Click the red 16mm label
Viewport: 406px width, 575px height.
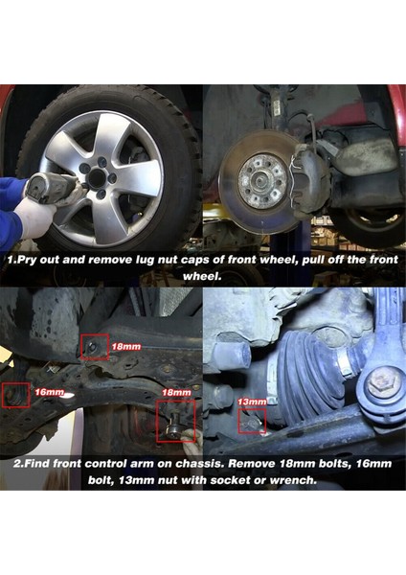coord(50,392)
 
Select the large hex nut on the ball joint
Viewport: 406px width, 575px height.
coord(381,384)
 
